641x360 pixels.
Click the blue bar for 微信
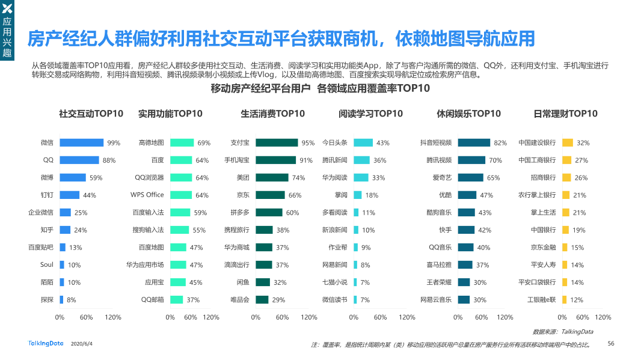(82, 143)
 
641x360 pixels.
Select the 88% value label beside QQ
(109, 160)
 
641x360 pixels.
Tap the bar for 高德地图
(182, 143)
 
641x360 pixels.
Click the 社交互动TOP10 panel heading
(91, 114)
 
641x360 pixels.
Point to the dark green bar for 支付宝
(277, 143)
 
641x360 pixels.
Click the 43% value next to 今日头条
(382, 143)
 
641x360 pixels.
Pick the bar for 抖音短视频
(474, 143)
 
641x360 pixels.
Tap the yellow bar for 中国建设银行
(567, 143)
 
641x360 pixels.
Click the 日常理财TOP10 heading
(565, 114)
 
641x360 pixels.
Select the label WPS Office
(147, 195)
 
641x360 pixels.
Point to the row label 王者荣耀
(439, 282)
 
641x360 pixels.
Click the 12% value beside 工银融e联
(577, 300)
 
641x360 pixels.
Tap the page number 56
(611, 343)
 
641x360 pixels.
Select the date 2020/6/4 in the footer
(82, 344)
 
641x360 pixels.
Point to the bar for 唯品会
(262, 299)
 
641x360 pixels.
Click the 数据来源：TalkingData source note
(563, 332)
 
